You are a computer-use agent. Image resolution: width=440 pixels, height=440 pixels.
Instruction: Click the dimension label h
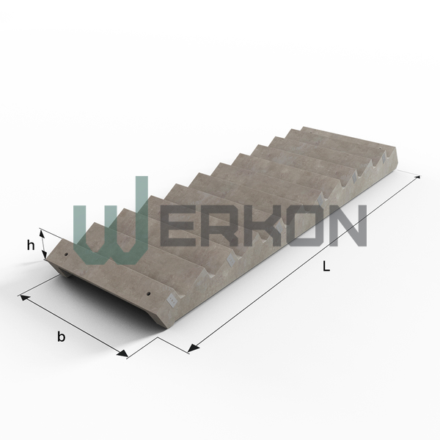tap(31, 246)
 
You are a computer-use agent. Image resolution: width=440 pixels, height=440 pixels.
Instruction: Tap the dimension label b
tap(61, 336)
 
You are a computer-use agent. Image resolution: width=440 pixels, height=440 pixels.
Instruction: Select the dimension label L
tap(326, 266)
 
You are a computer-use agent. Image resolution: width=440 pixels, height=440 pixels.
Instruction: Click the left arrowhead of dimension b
tap(25, 298)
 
